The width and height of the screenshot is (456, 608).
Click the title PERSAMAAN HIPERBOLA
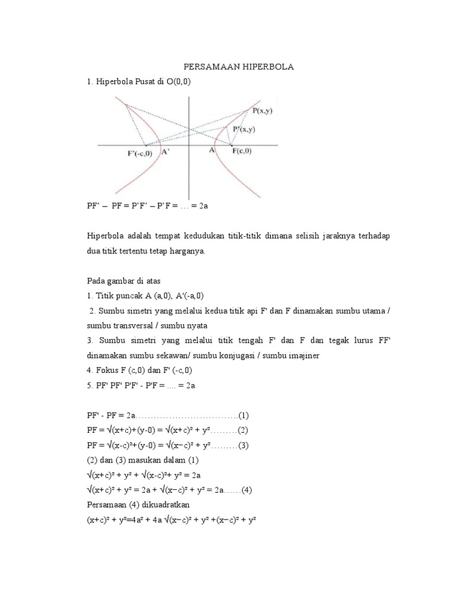[237, 66]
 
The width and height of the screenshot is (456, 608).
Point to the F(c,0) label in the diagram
[241, 152]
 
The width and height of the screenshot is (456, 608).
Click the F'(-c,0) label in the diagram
[140, 154]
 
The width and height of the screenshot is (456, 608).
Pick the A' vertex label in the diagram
[165, 152]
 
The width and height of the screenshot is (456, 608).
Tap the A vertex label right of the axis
[211, 151]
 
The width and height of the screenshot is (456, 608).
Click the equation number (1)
[243, 413]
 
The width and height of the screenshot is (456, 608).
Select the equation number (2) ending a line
[243, 429]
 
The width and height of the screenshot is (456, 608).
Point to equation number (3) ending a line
[243, 444]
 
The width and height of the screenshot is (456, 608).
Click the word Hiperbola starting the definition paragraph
[104, 236]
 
